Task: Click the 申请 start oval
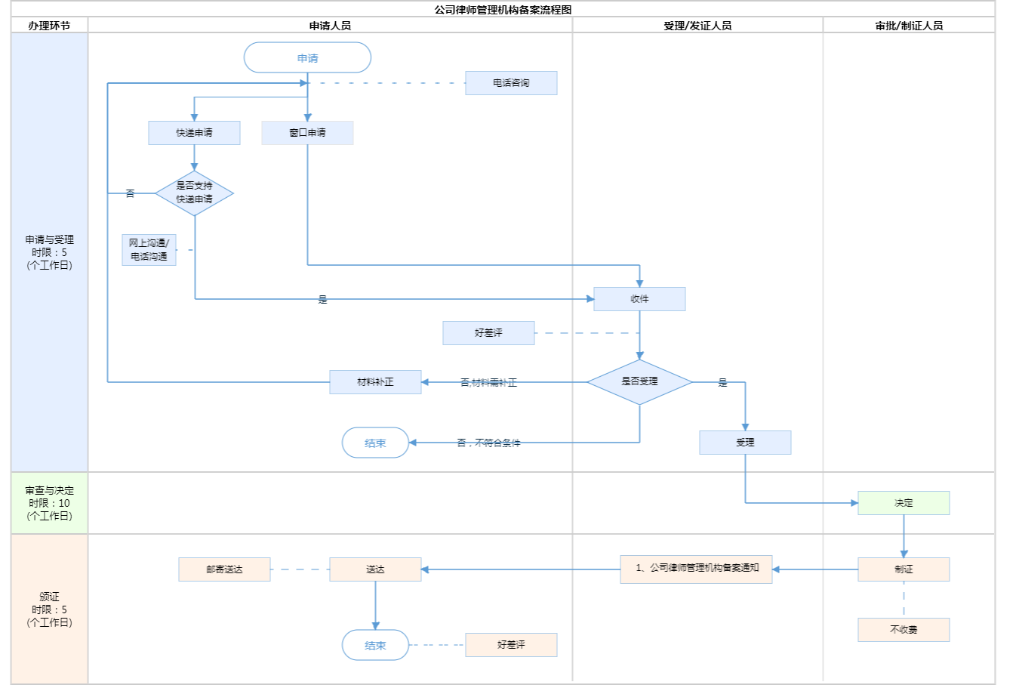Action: pyautogui.click(x=307, y=58)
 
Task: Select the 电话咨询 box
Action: pyautogui.click(x=511, y=83)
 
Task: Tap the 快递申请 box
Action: pyautogui.click(x=194, y=133)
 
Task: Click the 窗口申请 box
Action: pyautogui.click(x=307, y=133)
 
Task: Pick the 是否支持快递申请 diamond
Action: pyautogui.click(x=194, y=193)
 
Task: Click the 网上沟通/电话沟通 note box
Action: pyautogui.click(x=149, y=250)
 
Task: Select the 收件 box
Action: pyautogui.click(x=639, y=299)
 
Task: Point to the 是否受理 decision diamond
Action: pyautogui.click(x=639, y=382)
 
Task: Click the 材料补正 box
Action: pyautogui.click(x=375, y=382)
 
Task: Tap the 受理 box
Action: pyautogui.click(x=745, y=443)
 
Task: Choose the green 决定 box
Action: pyautogui.click(x=904, y=503)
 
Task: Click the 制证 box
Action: pyautogui.click(x=904, y=569)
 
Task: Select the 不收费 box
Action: pyautogui.click(x=904, y=630)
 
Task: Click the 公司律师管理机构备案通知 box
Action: pyautogui.click(x=696, y=569)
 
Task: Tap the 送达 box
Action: pyautogui.click(x=375, y=569)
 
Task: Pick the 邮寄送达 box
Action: pyautogui.click(x=224, y=569)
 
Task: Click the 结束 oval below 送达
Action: pyautogui.click(x=375, y=646)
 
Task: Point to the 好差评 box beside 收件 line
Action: pyautogui.click(x=488, y=333)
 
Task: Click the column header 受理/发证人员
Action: pyautogui.click(x=697, y=26)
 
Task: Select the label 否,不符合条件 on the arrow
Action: pyautogui.click(x=488, y=443)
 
